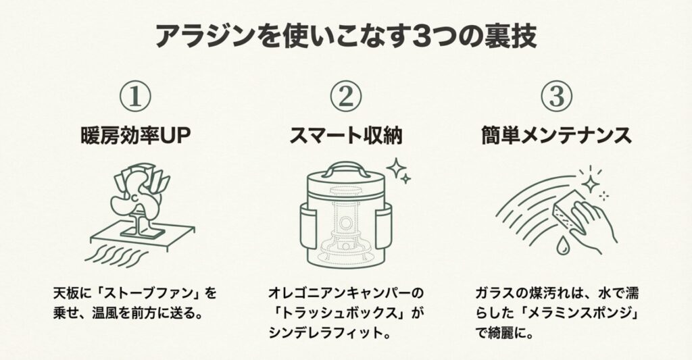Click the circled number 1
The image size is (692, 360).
tap(135, 96)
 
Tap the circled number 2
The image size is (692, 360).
tap(346, 96)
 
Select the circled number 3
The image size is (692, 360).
tap(557, 96)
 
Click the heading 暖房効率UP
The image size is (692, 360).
tap(135, 135)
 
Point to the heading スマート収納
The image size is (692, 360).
tap(346, 135)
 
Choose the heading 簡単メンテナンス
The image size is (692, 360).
tap(557, 135)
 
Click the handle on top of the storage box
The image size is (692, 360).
tap(345, 169)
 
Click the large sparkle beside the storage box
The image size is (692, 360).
tap(395, 168)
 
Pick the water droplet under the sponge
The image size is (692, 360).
tap(562, 247)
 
